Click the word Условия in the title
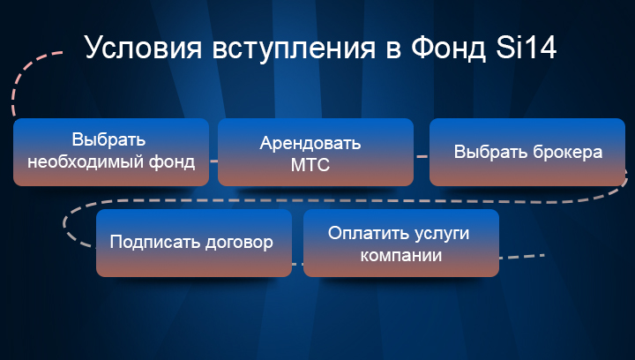tap(143, 49)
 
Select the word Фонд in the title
tap(448, 48)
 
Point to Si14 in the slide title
tap(526, 47)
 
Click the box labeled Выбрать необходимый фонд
tap(111, 153)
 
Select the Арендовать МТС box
tap(316, 153)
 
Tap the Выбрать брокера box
tap(527, 153)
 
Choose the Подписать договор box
tap(194, 243)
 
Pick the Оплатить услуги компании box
tap(401, 243)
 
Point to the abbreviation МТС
tap(310, 165)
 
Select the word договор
tap(239, 243)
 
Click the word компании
tap(401, 256)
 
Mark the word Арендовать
tap(310, 143)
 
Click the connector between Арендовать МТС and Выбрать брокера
tap(422, 156)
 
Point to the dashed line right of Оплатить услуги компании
tap(522, 257)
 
